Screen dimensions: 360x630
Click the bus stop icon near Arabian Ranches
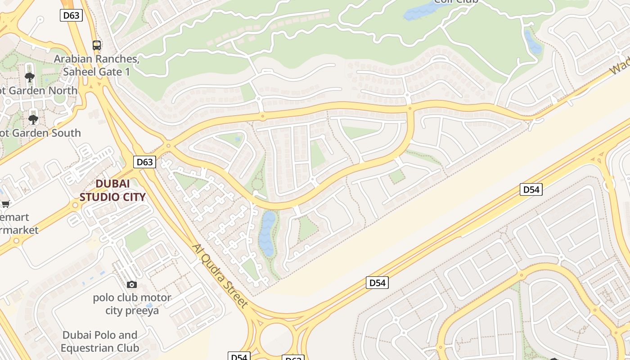pos(97,45)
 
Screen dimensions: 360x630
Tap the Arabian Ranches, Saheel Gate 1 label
pos(96,65)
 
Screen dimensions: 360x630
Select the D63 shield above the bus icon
pos(71,15)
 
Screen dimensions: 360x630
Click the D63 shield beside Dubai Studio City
pos(144,162)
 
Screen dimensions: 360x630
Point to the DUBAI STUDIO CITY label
pos(112,190)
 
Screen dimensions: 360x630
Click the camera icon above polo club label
pos(131,284)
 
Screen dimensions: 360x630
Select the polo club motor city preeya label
pos(132,304)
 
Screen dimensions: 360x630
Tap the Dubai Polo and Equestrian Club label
pos(100,342)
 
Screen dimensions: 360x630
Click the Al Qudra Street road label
pos(220,275)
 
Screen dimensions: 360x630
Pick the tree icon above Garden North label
pos(30,77)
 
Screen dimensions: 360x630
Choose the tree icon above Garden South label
pos(33,119)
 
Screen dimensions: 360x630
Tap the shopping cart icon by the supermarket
pos(5,204)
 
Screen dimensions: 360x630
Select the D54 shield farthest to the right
pos(531,189)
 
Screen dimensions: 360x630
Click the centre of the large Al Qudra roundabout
pos(276,338)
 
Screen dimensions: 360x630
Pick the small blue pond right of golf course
pos(533,42)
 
